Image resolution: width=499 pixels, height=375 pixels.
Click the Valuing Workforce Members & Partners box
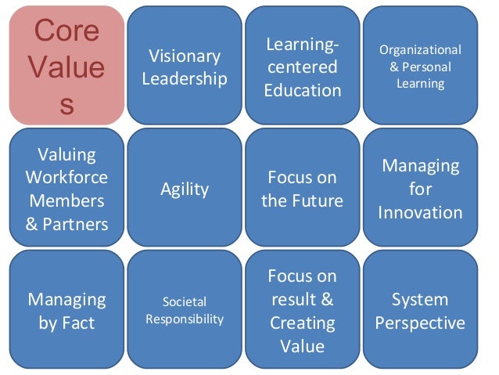coord(66,188)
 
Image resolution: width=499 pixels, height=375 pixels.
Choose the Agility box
coord(185,188)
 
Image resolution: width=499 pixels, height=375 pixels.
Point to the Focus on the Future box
coord(302,188)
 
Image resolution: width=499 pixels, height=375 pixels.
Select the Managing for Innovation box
coord(420,188)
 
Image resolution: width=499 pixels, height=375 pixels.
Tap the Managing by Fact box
coord(66,310)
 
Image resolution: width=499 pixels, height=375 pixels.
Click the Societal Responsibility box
coord(185,310)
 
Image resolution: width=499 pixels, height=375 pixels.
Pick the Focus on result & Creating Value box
coord(302,310)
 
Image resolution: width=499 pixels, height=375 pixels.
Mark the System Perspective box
coord(420,310)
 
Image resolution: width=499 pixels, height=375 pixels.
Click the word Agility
coord(185,189)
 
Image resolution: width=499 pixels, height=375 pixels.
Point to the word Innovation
coord(420,212)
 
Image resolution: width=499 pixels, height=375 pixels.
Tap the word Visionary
coord(185,56)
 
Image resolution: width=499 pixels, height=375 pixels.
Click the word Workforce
coord(66,177)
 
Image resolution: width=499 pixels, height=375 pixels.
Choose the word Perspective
coord(420,323)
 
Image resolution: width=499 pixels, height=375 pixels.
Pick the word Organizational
coord(420,50)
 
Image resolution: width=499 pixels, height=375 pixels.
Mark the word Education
coord(302,90)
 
